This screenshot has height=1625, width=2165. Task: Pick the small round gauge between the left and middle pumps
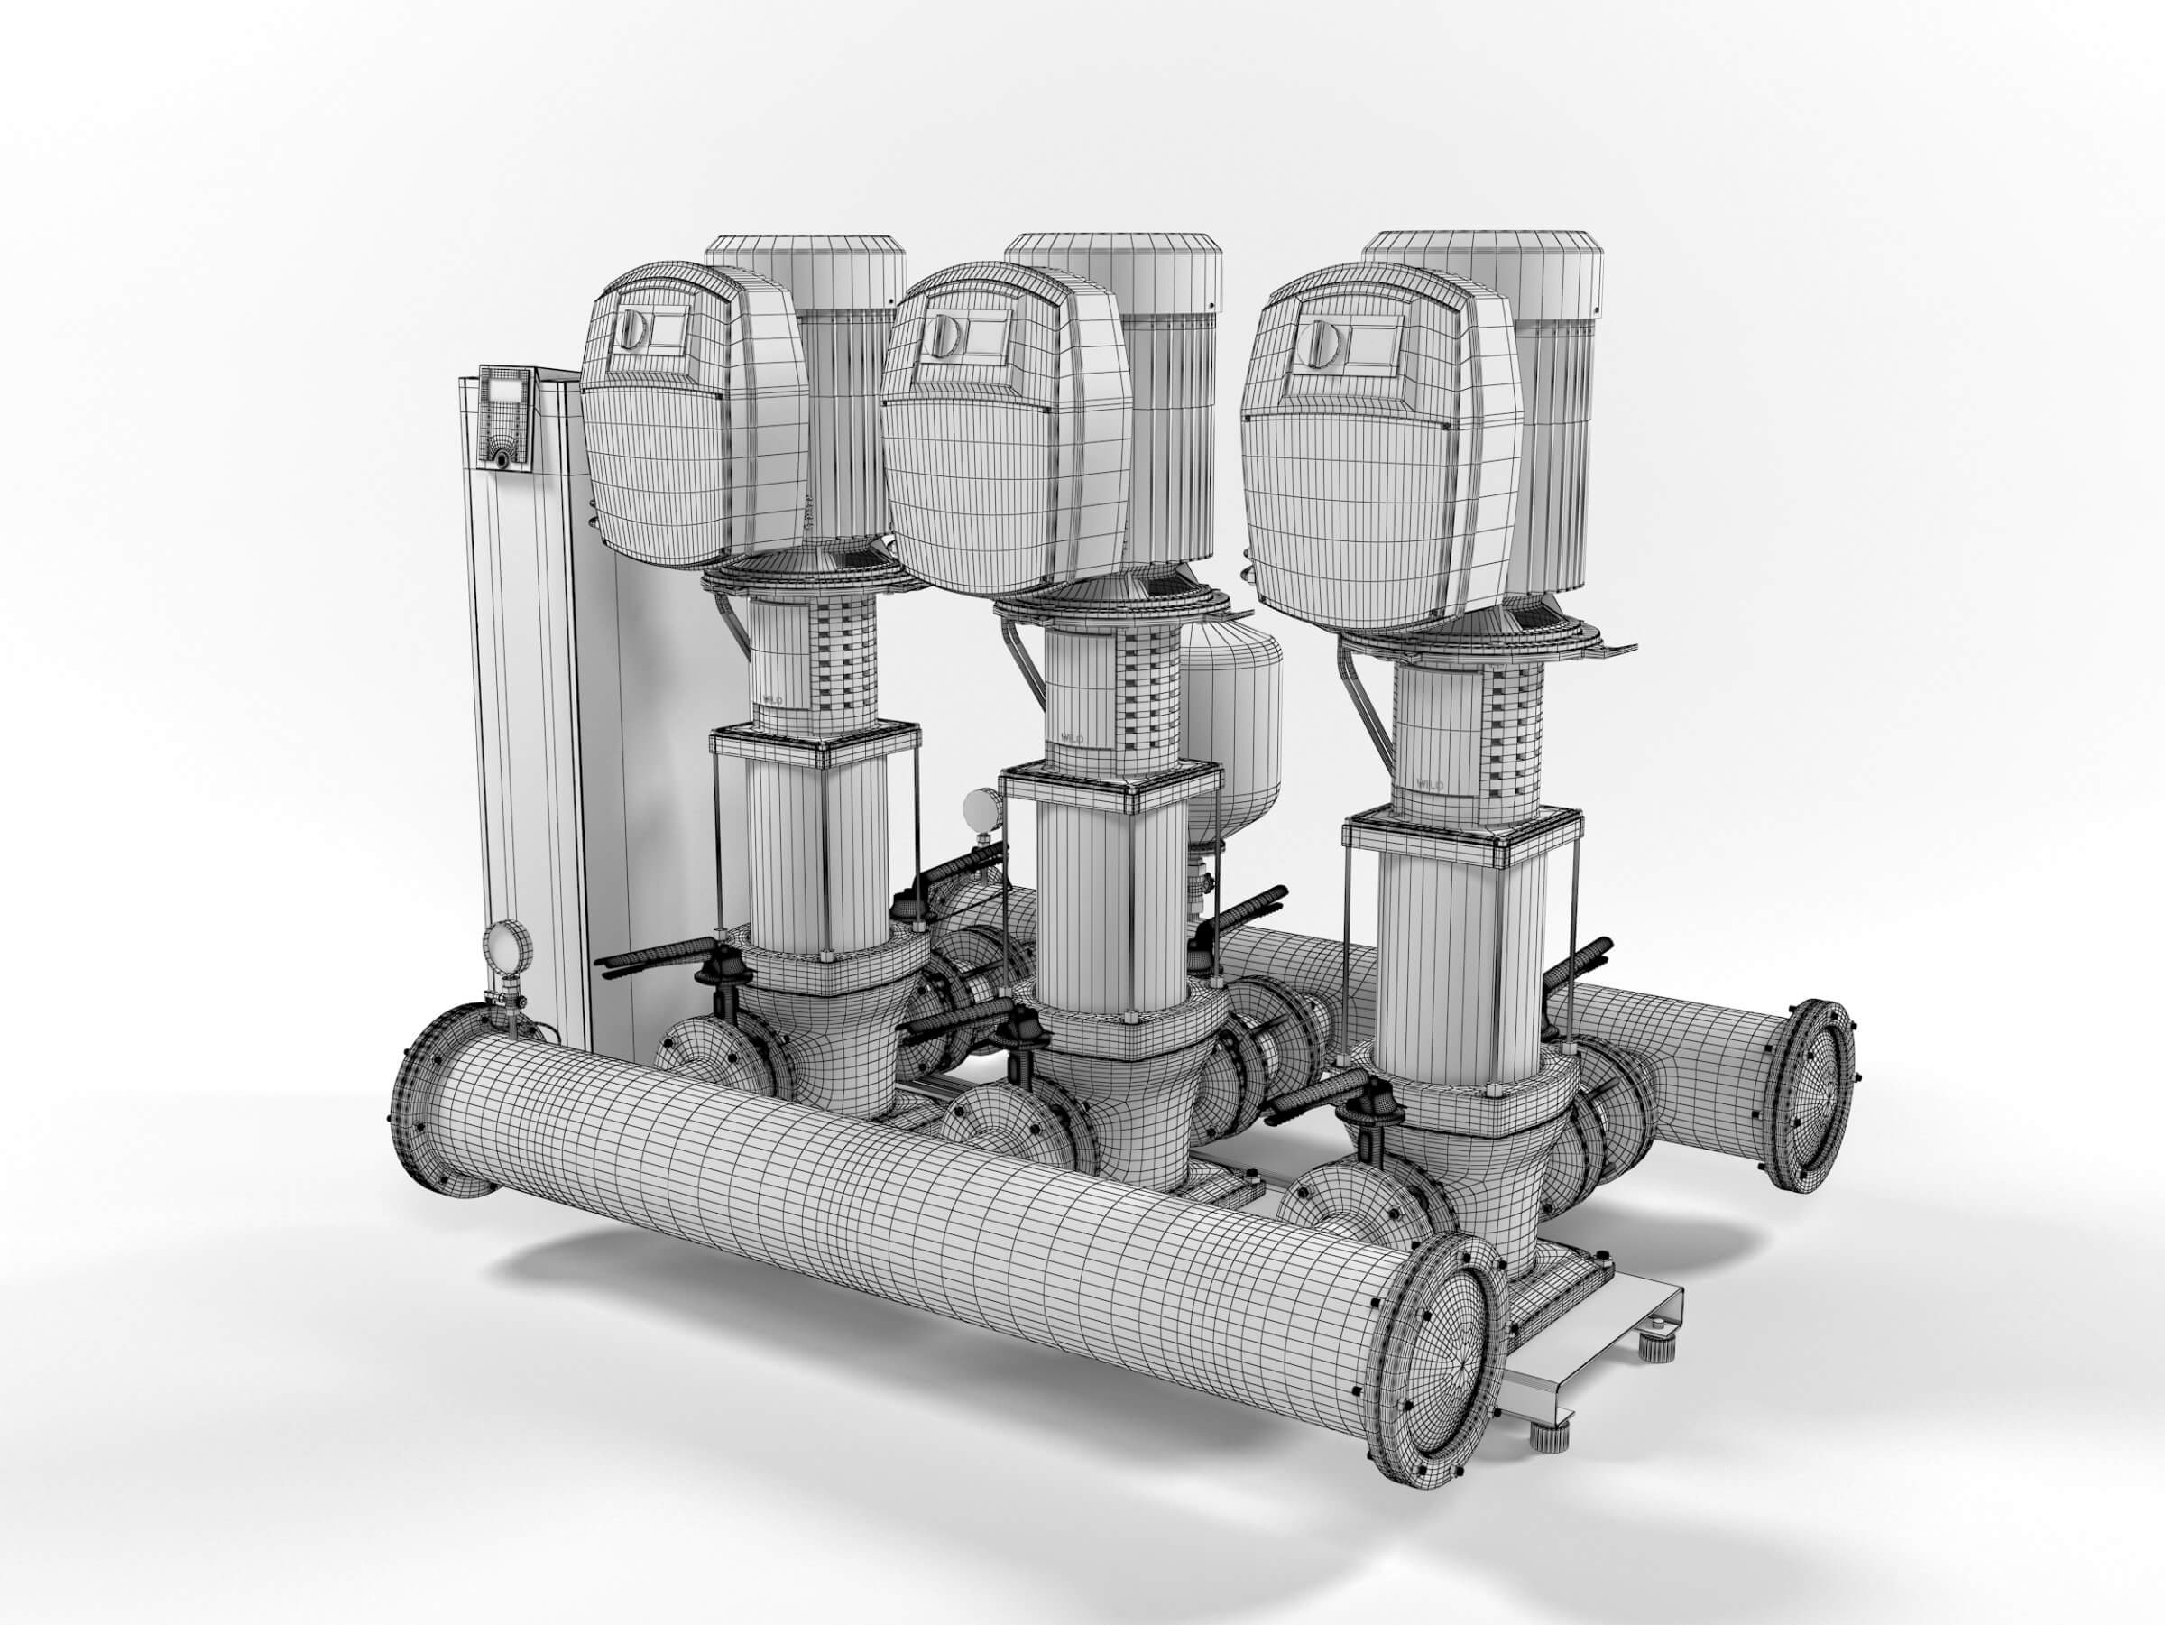[x=978, y=808]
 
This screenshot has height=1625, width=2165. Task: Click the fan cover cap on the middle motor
[x=1115, y=261]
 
